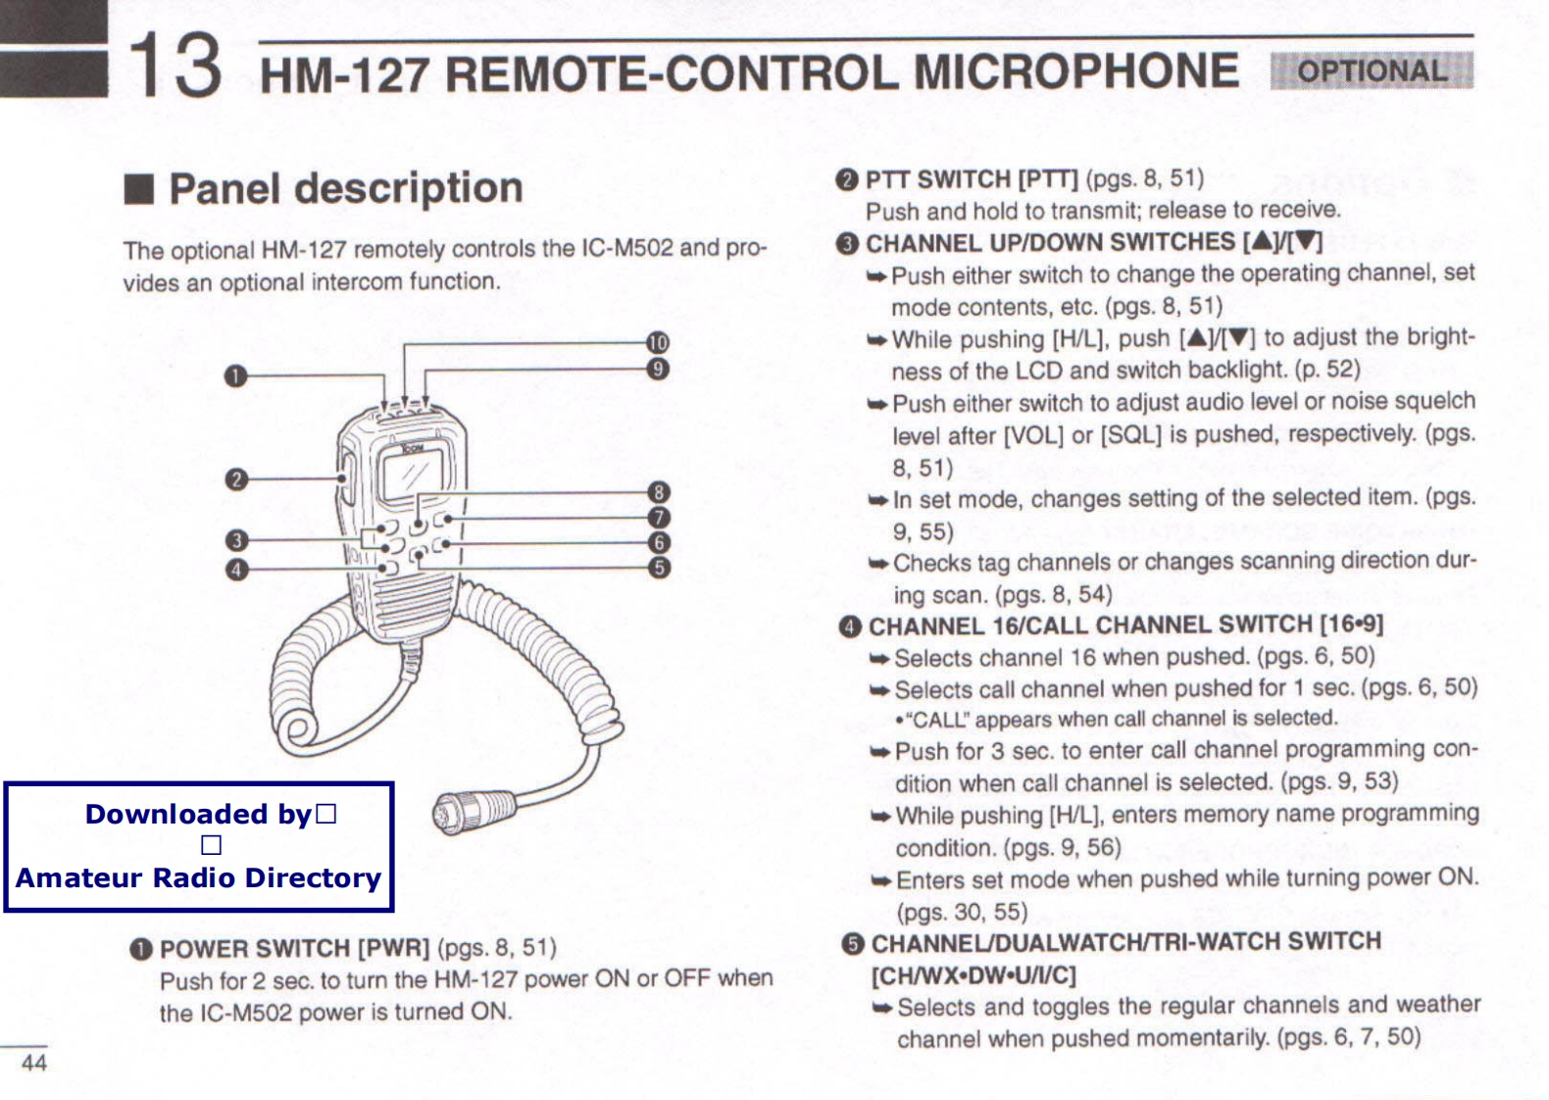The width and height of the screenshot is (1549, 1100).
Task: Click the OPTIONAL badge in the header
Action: [1372, 71]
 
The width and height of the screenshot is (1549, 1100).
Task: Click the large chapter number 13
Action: [175, 65]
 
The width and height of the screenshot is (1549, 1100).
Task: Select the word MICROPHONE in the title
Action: [1075, 73]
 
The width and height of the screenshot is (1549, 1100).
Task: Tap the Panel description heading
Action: [345, 187]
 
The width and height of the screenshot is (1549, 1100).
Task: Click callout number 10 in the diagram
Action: [658, 342]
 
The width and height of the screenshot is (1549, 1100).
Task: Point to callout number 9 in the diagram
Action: [658, 369]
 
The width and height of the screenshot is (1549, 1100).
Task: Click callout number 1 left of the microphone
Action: [234, 376]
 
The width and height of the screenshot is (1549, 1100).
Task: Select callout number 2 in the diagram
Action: [235, 479]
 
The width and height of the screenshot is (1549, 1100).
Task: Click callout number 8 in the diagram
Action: [659, 492]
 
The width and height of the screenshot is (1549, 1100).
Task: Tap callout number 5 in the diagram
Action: [659, 568]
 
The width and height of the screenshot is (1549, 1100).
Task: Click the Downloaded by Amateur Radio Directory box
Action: [199, 847]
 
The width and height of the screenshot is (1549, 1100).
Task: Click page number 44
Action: [34, 1063]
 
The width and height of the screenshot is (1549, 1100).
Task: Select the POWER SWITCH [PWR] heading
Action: [294, 949]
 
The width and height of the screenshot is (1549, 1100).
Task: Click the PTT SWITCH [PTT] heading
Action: [971, 179]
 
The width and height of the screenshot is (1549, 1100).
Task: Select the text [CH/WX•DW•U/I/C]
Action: [974, 975]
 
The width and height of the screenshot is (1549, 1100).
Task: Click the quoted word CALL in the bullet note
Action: [938, 720]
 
